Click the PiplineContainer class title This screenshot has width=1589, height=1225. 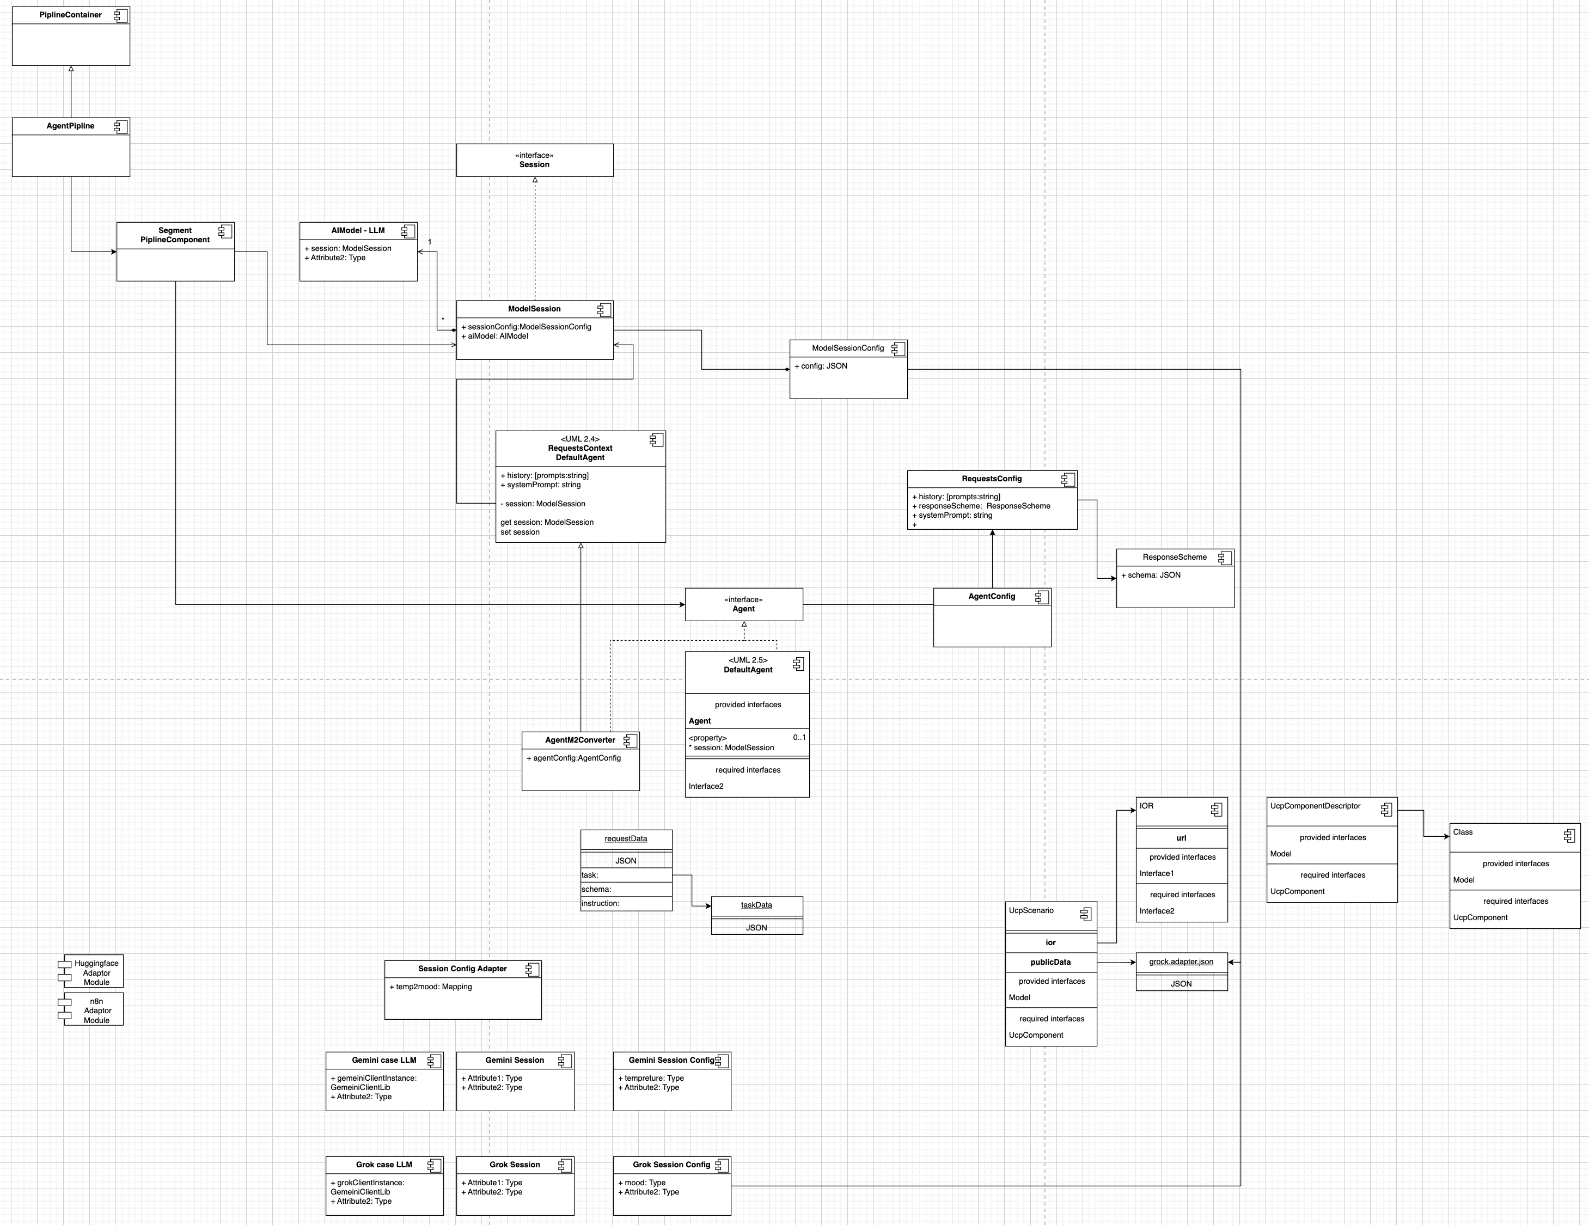pos(71,15)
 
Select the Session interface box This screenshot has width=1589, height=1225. pos(534,160)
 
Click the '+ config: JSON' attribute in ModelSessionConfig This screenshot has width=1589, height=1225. pos(821,366)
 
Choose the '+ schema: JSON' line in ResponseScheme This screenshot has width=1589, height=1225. pos(1151,575)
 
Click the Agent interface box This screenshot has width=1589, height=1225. pos(743,604)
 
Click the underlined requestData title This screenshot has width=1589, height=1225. pos(626,839)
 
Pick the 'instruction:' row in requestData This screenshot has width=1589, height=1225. pos(601,903)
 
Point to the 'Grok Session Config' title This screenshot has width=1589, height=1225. pos(671,1165)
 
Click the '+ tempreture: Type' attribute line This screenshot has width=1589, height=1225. pos(654,1078)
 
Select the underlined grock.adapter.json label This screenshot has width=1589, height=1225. pos(1181,961)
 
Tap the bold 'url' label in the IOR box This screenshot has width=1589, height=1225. pos(1181,838)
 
